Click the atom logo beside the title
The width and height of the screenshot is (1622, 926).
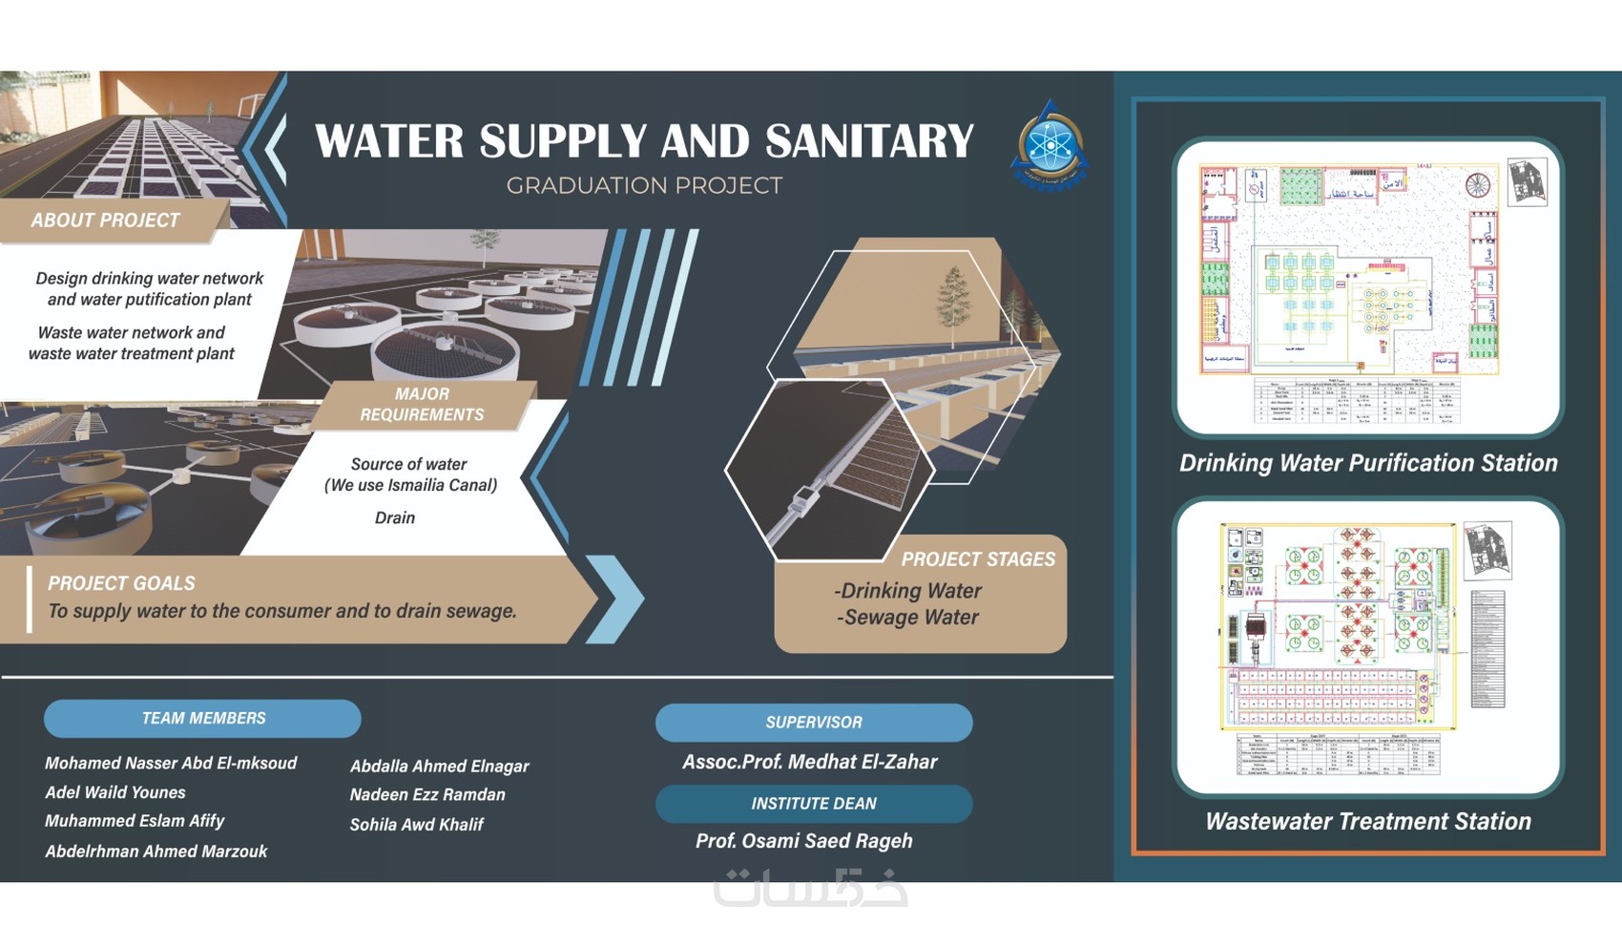coord(1049,146)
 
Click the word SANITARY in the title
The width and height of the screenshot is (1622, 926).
coord(869,141)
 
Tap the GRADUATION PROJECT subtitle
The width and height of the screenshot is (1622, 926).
coord(644,185)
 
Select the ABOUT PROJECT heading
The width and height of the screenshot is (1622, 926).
coord(105,221)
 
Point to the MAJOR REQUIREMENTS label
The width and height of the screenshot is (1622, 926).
coord(422,404)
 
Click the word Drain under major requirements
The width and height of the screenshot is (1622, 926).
coord(395,517)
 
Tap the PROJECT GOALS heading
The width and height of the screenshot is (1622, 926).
coord(121,583)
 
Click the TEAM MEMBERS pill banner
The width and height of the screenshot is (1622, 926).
coord(202,718)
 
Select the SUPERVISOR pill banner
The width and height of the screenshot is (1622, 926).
coord(813,723)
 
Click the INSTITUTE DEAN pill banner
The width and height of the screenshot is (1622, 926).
coord(813,804)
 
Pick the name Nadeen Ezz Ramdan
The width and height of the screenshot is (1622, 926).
coord(427,794)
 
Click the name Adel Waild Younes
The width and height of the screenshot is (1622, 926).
coord(115,792)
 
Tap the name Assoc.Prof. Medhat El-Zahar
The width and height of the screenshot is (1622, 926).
coord(809,762)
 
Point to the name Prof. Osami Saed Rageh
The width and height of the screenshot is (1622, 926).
coord(803,841)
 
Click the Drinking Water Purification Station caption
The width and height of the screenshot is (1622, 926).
coord(1367,463)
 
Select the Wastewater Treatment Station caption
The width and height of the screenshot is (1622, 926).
coord(1367,821)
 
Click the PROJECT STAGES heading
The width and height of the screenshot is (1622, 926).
coord(978,559)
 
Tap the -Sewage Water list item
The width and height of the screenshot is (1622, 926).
coord(907,618)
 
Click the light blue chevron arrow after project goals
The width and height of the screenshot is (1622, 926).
coord(615,599)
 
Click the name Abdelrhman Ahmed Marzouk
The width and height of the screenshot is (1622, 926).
coord(156,852)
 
